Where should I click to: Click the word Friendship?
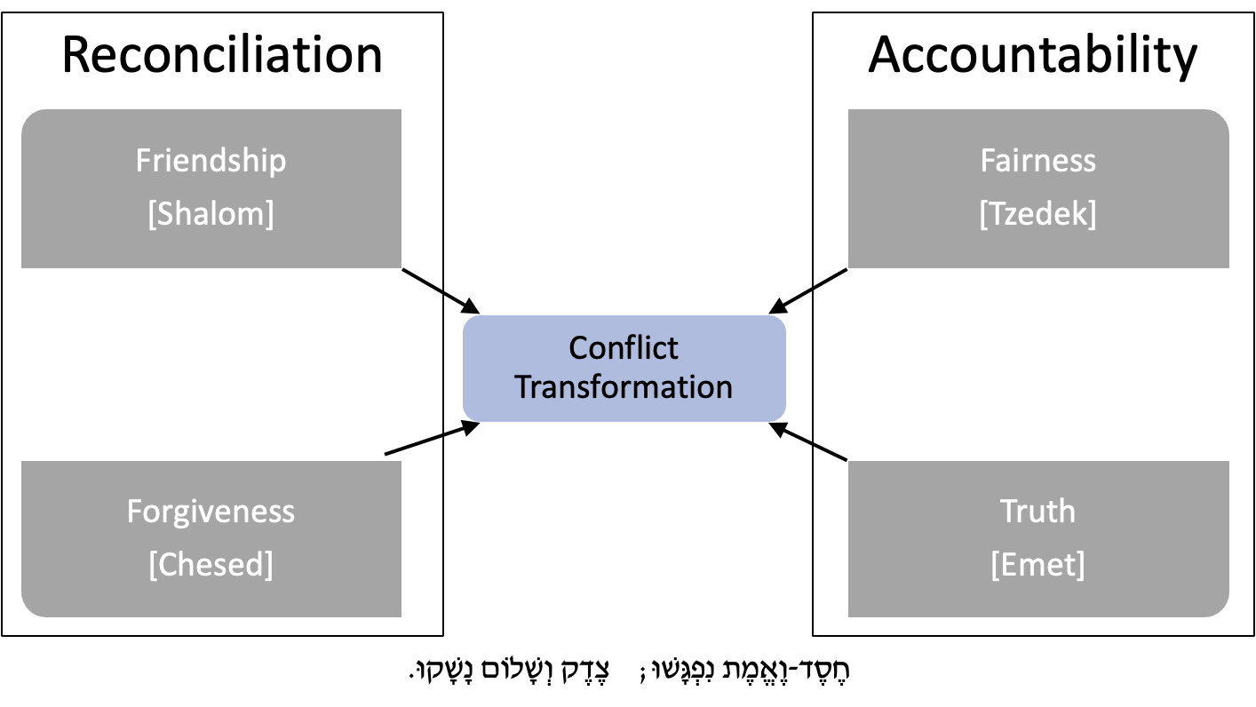pyautogui.click(x=211, y=161)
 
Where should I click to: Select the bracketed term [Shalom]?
pyautogui.click(x=211, y=214)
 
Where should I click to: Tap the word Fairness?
pyautogui.click(x=1037, y=161)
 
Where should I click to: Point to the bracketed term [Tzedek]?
pyautogui.click(x=1037, y=214)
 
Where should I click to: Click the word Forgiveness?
pyautogui.click(x=211, y=512)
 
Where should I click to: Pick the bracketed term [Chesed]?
pyautogui.click(x=211, y=565)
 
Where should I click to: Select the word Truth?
pyautogui.click(x=1037, y=512)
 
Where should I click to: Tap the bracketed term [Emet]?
pyautogui.click(x=1037, y=565)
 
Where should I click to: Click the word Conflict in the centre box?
pyautogui.click(x=624, y=347)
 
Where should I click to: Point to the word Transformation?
pyautogui.click(x=624, y=387)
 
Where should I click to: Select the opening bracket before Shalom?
pyautogui.click(x=152, y=215)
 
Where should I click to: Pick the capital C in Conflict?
pyautogui.click(x=578, y=347)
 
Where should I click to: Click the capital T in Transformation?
pyautogui.click(x=523, y=387)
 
